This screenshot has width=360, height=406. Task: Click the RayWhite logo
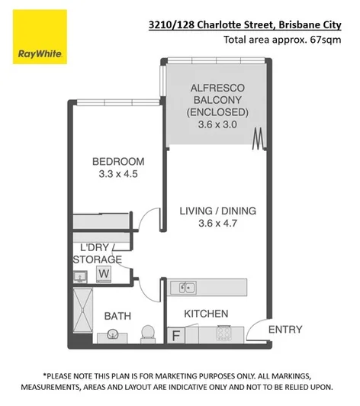pos(40,37)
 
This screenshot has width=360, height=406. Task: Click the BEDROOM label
pos(118,161)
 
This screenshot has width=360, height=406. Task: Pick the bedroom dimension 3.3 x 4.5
pos(118,174)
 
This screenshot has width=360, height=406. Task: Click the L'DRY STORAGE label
pos(96,253)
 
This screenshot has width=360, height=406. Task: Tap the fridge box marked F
pos(175,333)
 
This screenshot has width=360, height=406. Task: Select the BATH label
pos(117,315)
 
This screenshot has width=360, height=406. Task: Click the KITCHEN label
pos(206,313)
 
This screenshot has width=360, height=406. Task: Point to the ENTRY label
pos(285,330)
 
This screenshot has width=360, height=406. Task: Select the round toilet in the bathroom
pos(149,333)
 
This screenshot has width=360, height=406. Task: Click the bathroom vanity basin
pos(113,334)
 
